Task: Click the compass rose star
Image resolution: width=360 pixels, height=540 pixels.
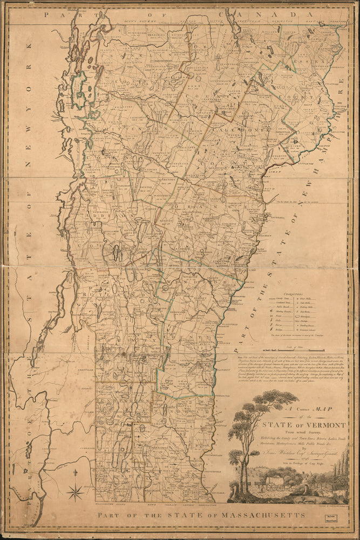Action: pos(76,492)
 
